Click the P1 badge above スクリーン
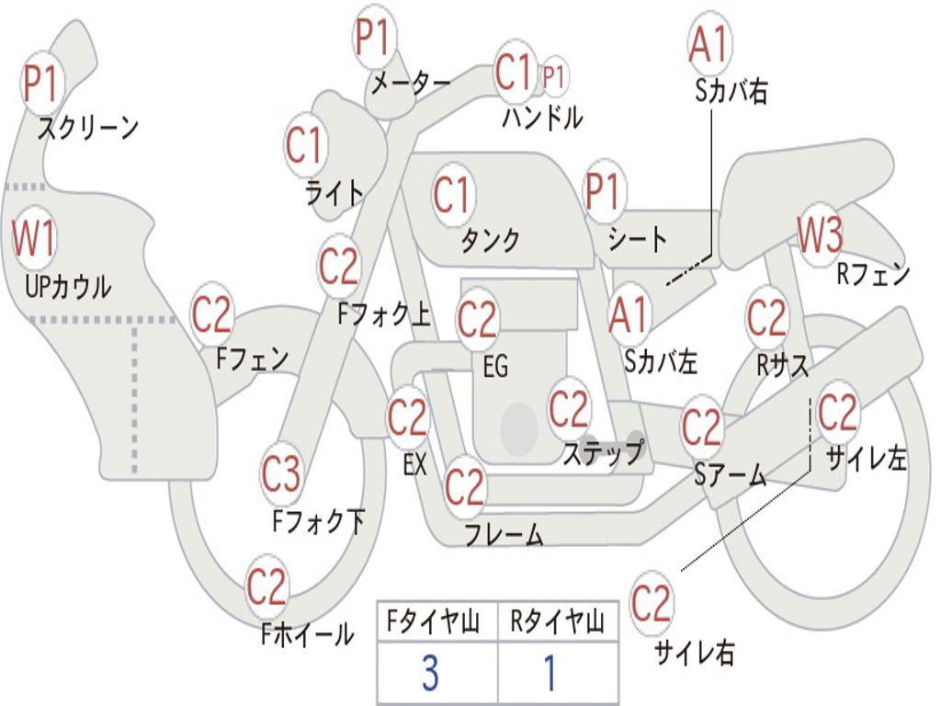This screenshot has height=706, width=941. point(40,84)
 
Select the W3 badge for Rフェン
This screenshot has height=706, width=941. point(820,236)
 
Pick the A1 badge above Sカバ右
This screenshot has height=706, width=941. point(709,43)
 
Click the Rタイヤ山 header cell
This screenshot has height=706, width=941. point(558,623)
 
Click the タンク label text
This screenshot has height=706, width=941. point(490,241)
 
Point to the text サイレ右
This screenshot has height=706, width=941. point(695,653)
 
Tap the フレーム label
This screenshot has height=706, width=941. point(504,534)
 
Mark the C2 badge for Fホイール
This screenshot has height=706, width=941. point(266,586)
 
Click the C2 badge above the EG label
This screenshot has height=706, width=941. point(477,320)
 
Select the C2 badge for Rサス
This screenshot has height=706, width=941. point(766,318)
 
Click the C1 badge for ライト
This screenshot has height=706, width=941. point(305,145)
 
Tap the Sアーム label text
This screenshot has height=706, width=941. point(731,475)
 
